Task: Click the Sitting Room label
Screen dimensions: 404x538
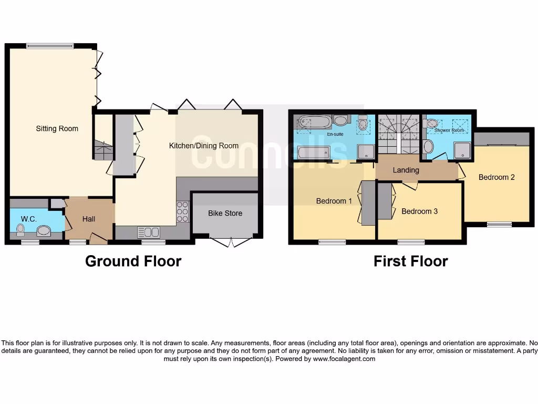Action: click(x=57, y=128)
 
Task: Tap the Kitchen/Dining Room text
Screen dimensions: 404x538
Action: click(x=204, y=146)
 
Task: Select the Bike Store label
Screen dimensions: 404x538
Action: click(x=225, y=213)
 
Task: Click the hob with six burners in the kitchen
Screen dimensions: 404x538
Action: click(x=182, y=211)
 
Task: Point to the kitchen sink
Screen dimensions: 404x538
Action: click(x=148, y=231)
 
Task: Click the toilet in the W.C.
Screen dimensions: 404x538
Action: click(x=21, y=230)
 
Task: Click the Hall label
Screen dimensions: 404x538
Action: click(x=89, y=219)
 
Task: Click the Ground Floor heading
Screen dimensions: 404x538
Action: click(x=133, y=261)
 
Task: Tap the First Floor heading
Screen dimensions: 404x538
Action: click(x=410, y=261)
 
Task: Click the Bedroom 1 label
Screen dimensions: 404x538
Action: click(x=334, y=201)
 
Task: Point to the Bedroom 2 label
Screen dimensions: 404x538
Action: click(x=496, y=177)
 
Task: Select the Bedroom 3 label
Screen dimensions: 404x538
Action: click(x=419, y=211)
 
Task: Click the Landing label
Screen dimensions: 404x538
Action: click(x=406, y=170)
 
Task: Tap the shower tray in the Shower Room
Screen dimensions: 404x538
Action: click(x=462, y=151)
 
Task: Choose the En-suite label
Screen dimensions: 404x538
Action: click(x=335, y=135)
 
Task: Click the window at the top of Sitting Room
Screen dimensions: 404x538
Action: click(x=50, y=46)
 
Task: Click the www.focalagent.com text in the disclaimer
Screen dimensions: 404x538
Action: click(x=344, y=359)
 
